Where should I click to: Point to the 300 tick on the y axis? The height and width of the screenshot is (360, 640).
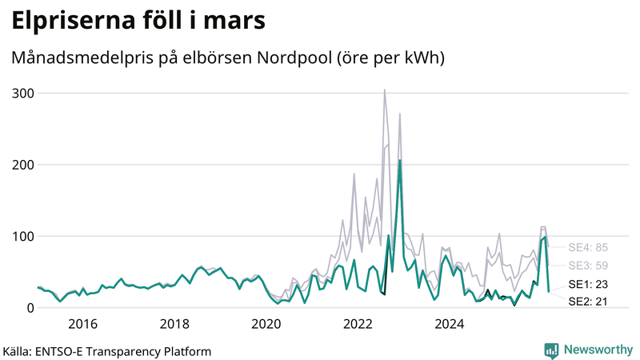(x=23, y=94)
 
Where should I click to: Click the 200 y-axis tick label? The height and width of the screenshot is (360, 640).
(x=23, y=165)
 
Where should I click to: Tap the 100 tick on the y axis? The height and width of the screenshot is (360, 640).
(x=23, y=237)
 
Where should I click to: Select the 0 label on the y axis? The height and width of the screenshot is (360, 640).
(x=30, y=308)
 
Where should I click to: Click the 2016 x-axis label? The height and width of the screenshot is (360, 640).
(x=82, y=324)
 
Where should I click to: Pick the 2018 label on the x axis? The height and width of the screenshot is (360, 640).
(x=174, y=324)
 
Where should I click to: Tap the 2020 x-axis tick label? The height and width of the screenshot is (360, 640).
(x=266, y=324)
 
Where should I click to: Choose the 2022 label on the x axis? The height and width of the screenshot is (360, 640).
(x=358, y=324)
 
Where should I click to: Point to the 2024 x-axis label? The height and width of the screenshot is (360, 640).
(x=450, y=324)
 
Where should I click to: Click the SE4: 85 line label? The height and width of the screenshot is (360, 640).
(x=589, y=247)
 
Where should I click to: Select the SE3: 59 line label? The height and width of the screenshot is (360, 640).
(x=589, y=266)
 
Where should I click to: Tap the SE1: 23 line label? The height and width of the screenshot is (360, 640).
(x=589, y=284)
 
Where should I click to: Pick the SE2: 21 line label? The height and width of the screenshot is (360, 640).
(x=589, y=302)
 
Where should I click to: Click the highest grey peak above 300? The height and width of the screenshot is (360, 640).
(x=385, y=90)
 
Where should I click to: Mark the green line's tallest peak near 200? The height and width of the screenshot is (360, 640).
(x=400, y=160)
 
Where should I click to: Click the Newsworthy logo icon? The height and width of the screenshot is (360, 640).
(x=551, y=350)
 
